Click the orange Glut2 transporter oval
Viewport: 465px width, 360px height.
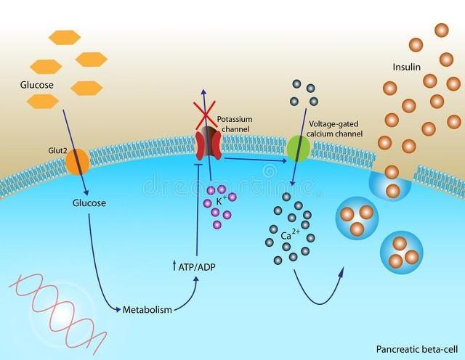pyautogui.click(x=77, y=161)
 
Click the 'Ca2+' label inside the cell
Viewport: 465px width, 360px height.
pyautogui.click(x=291, y=235)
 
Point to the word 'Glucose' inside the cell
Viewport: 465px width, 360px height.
pyautogui.click(x=89, y=202)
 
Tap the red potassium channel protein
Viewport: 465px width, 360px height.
pyautogui.click(x=206, y=144)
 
